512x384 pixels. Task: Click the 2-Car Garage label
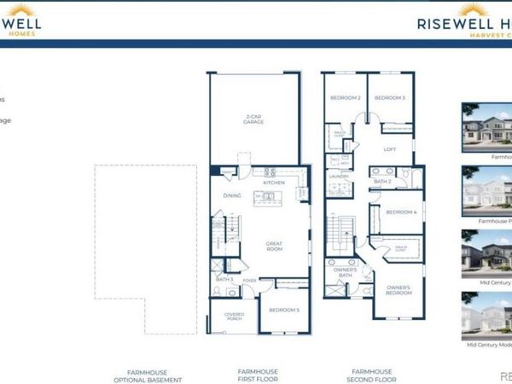click(253, 119)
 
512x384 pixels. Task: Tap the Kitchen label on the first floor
click(274, 183)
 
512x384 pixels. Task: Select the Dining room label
click(232, 196)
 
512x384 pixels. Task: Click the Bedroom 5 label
click(284, 309)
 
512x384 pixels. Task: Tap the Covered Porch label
click(234, 316)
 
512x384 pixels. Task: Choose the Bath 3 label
click(224, 279)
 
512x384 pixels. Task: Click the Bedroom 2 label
click(347, 98)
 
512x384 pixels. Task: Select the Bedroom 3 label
click(389, 98)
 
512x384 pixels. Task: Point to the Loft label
click(390, 149)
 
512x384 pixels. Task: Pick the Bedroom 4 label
click(400, 212)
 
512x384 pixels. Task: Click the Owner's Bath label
click(345, 272)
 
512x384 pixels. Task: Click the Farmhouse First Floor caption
click(259, 375)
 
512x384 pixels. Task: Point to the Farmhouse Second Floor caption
click(370, 375)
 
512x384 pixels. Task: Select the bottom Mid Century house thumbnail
click(486, 316)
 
